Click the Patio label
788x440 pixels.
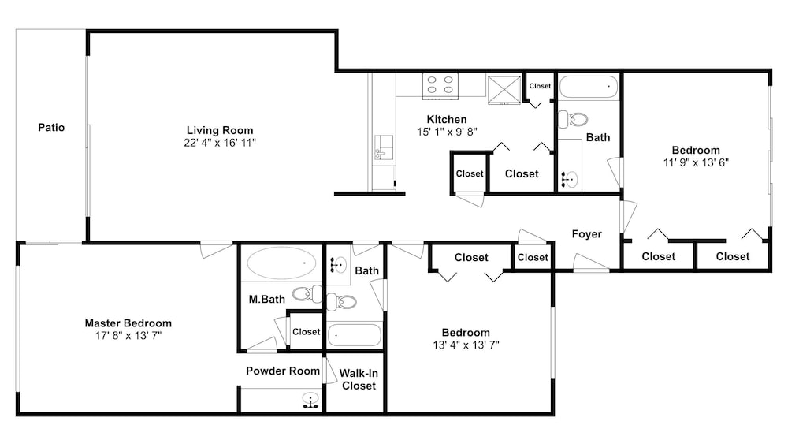coord(51,128)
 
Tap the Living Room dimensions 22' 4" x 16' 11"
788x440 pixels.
coord(220,143)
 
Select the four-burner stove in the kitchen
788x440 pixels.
coord(440,85)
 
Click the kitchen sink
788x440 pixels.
coord(384,147)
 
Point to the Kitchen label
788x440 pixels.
coord(447,120)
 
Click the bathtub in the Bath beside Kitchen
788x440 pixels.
coord(589,87)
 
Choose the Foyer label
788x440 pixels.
coord(586,234)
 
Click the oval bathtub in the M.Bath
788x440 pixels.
coord(281,263)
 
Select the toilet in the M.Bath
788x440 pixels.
coord(307,293)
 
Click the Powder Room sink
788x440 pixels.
coord(311,400)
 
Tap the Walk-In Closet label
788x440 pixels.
coord(359,379)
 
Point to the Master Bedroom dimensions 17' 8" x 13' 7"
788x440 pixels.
coord(128,335)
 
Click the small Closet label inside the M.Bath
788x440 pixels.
coord(306,332)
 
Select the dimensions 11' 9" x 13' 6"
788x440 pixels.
coord(696,162)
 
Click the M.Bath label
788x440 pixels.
coord(267,299)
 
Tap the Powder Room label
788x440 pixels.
coord(283,371)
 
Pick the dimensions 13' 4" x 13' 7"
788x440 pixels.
coord(466,345)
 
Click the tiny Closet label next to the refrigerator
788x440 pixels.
coord(540,86)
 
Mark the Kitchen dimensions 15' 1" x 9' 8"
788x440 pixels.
coord(447,132)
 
